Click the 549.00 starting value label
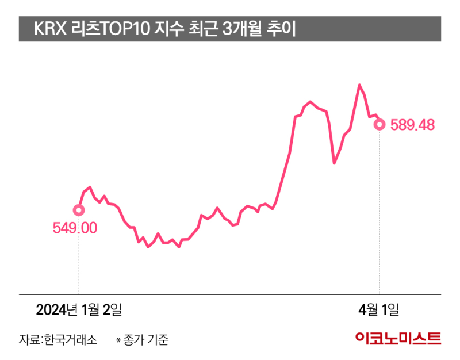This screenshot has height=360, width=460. click(x=75, y=228)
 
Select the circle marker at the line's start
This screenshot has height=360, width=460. click(x=79, y=210)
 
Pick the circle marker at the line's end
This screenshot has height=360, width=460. click(x=379, y=124)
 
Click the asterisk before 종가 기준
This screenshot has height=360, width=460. click(x=118, y=340)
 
